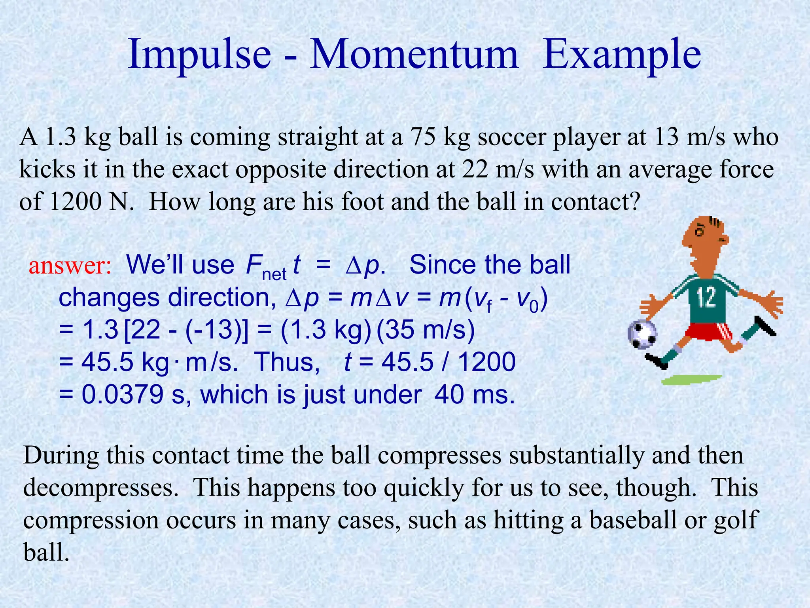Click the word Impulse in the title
click(199, 55)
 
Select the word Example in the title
click(622, 55)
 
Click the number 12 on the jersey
click(707, 298)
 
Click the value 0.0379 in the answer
click(123, 395)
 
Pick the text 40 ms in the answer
click(475, 395)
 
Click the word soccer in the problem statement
click(511, 138)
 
